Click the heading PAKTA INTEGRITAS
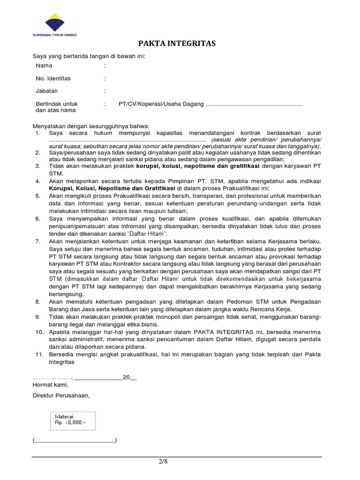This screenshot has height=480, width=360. coord(176,44)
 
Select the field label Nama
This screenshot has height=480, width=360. coord(44,66)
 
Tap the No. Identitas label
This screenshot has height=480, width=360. coord(53,79)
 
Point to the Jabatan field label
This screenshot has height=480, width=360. coord(47,91)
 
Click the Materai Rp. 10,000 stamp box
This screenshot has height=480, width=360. coord(73,420)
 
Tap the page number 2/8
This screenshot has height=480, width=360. coord(162,462)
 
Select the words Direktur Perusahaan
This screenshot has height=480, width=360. coord(60,395)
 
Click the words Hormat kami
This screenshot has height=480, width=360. coord(50,385)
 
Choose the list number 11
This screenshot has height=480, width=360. coord(39,355)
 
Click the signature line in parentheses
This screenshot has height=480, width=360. coord(75,440)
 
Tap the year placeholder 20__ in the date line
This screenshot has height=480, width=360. coord(129,377)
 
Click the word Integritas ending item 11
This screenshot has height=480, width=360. coord(61,362)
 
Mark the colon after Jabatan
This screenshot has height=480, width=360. coord(105,91)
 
